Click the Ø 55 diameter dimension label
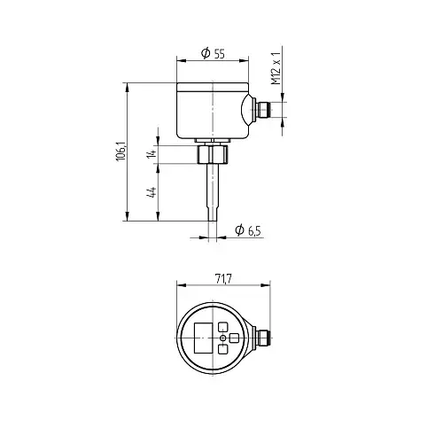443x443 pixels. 213,53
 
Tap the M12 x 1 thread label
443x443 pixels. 276,68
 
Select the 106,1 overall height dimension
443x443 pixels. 120,152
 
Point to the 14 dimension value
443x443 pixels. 152,153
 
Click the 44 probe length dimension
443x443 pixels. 152,192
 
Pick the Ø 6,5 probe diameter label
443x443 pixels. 248,230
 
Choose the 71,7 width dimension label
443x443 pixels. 223,278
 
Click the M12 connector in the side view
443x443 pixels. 264,110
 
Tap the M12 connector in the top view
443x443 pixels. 263,338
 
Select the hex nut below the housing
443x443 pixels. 213,153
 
